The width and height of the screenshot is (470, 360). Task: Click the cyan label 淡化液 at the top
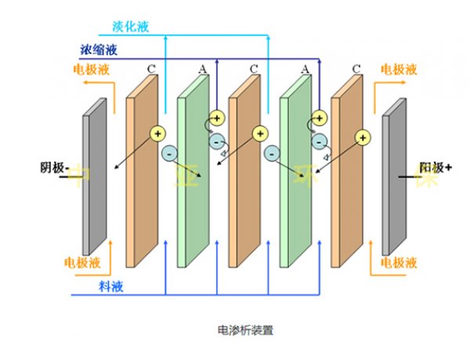coord(151,26)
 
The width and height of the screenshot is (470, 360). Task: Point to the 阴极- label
coord(55,167)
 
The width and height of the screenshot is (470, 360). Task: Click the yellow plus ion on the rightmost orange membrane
coord(362,138)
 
